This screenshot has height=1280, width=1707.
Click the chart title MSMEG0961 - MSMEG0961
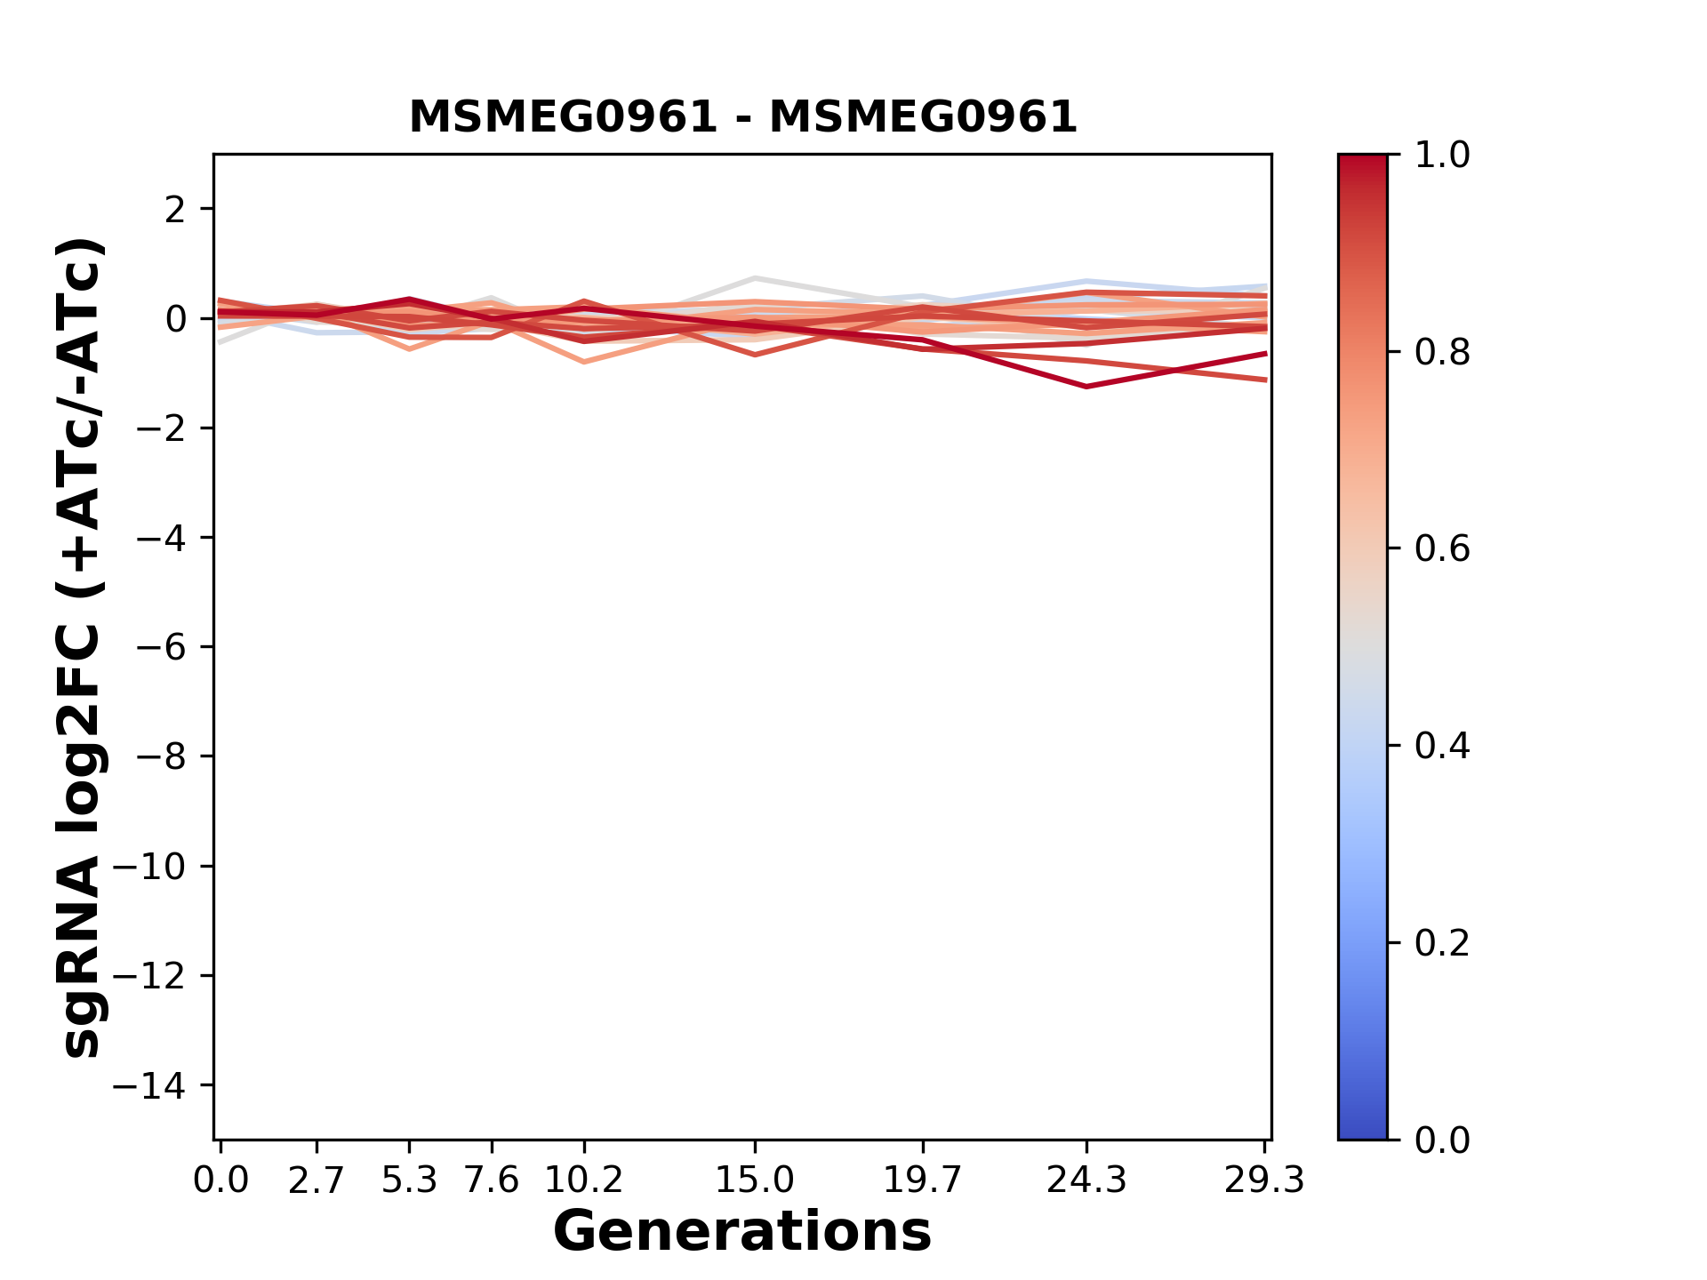coord(743,116)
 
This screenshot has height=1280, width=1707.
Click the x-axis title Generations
coord(742,1232)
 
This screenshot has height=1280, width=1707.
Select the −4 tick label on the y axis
coord(161,538)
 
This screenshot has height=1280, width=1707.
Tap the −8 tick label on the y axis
coord(161,756)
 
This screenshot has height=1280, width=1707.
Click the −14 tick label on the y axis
coord(149,1085)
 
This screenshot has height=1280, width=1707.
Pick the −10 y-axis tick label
coord(149,867)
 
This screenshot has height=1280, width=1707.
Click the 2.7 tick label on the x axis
coord(317,1180)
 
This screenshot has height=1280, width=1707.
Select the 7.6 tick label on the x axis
coord(492,1180)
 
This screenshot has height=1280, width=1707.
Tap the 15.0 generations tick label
coord(755,1180)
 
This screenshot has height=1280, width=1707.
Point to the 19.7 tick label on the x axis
coord(923,1180)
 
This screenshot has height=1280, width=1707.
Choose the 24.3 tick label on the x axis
coord(1086,1180)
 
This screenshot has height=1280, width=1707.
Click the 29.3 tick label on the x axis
coord(1265,1180)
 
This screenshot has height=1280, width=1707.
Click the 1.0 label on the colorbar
coord(1442,156)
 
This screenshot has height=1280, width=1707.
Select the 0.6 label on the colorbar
coord(1442,549)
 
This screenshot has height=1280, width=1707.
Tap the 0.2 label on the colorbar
coord(1442,943)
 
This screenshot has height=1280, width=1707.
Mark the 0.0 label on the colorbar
coord(1442,1140)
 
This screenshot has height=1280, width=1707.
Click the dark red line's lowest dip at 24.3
coord(1086,387)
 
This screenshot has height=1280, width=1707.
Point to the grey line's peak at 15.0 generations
coord(755,279)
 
